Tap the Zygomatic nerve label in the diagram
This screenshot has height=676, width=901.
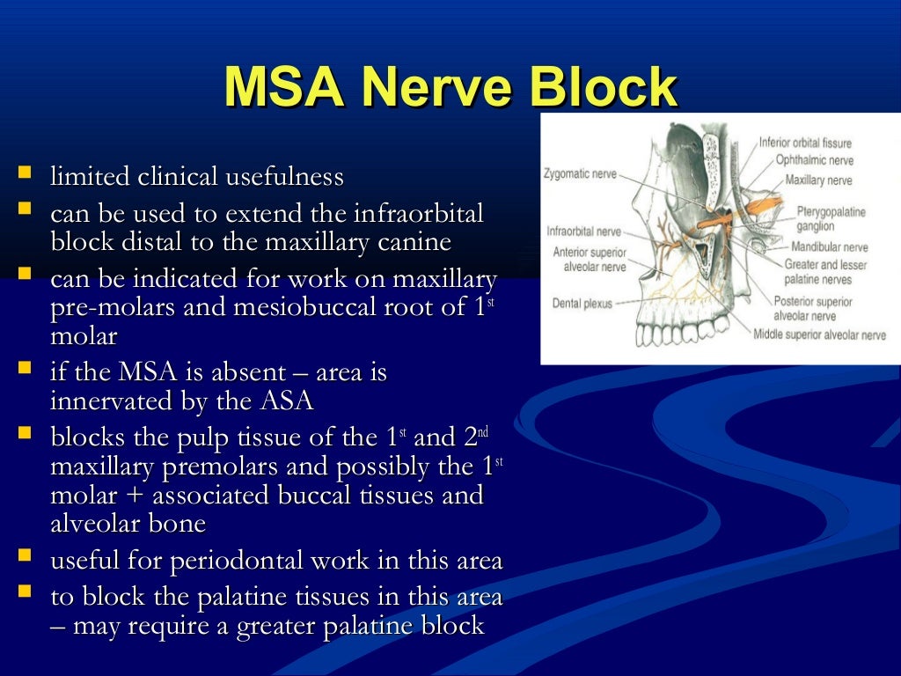point(581,175)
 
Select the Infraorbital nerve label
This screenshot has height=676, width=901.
point(584,231)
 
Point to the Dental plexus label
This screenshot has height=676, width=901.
point(582,303)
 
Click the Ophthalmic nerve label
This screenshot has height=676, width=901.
point(814,160)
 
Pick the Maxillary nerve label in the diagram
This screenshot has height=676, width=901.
point(818,180)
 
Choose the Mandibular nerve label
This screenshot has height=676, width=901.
point(829,247)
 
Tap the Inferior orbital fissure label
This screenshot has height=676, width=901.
point(805,143)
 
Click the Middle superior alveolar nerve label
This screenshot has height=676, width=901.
point(819,334)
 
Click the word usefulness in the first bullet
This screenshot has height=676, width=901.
point(284,177)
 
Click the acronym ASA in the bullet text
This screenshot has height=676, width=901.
point(287,401)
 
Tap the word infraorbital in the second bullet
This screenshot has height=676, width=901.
point(418,215)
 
